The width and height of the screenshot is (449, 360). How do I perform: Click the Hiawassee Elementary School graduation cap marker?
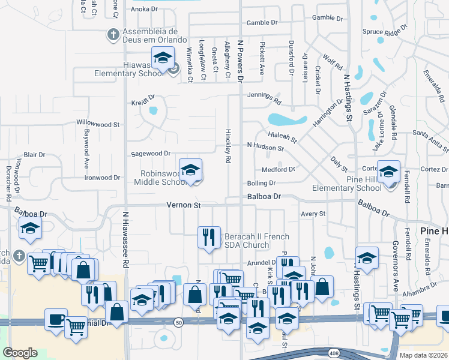click(162, 58)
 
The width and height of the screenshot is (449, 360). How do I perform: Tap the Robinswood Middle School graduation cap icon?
click(190, 170)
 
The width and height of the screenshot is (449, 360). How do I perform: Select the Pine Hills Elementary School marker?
click(388, 172)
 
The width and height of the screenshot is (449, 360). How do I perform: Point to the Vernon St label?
click(183, 205)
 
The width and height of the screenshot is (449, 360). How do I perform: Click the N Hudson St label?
click(265, 146)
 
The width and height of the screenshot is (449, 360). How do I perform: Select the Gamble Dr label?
click(262, 22)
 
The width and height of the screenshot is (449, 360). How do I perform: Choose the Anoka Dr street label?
click(143, 9)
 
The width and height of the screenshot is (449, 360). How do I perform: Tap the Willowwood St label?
click(98, 124)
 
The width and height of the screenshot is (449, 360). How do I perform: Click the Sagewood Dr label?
click(151, 154)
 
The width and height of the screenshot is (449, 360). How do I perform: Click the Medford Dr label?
click(279, 170)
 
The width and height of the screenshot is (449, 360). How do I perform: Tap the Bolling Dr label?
click(261, 183)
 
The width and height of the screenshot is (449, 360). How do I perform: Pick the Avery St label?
click(313, 214)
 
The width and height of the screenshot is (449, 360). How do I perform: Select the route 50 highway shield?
click(179, 322)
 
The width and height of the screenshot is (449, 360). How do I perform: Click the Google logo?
click(20, 353)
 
